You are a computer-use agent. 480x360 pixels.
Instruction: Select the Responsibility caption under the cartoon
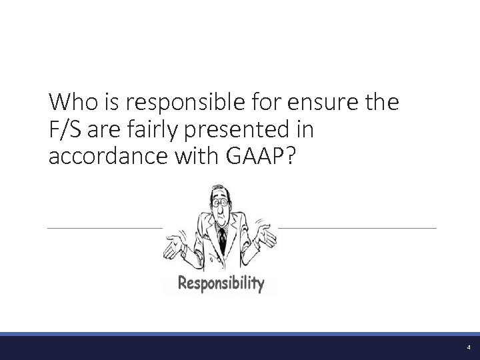[x=221, y=283]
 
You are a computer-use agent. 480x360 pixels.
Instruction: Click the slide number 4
[x=469, y=347]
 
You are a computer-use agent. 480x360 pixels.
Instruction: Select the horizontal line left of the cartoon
[x=104, y=228]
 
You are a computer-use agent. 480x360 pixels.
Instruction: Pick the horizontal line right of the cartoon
[x=357, y=228]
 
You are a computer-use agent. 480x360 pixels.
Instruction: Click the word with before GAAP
[x=197, y=159]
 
